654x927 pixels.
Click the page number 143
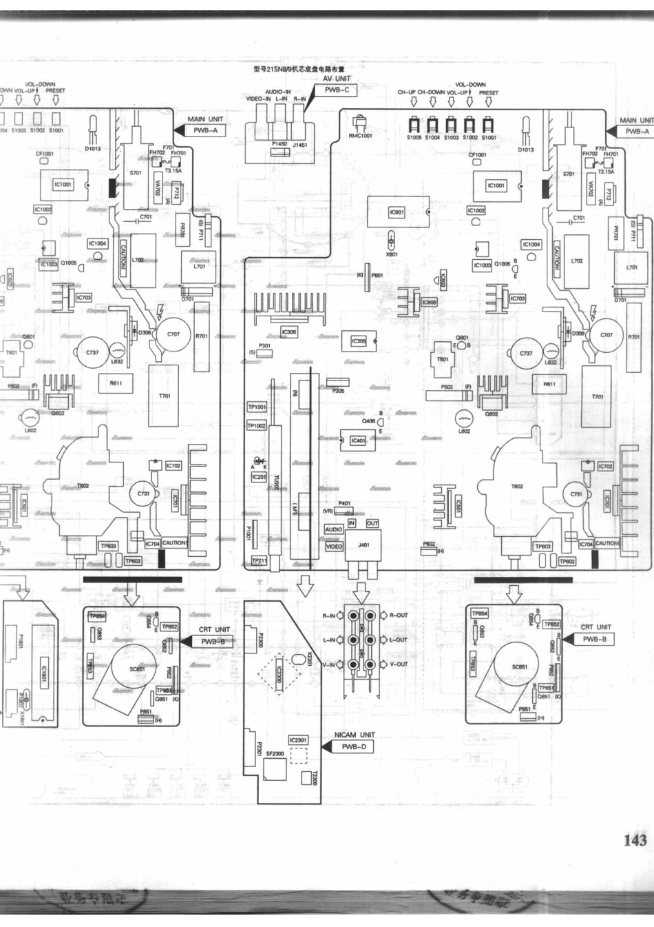click(x=635, y=839)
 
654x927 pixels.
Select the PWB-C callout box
click(x=337, y=90)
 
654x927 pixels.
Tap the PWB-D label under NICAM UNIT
click(x=354, y=747)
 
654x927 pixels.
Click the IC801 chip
click(x=397, y=212)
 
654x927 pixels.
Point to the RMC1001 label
click(x=360, y=136)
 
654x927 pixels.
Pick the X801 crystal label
click(x=392, y=254)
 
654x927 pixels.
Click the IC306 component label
click(x=289, y=332)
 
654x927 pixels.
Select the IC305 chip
click(x=359, y=341)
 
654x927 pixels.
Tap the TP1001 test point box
click(x=257, y=407)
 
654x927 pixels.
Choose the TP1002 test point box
click(x=256, y=426)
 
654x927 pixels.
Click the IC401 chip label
click(x=358, y=440)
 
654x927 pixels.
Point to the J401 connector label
click(x=363, y=545)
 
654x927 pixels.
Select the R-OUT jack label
click(x=399, y=615)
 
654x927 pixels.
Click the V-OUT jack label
click(x=399, y=664)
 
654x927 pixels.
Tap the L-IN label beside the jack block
click(x=329, y=640)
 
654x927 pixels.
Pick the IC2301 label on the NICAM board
click(x=298, y=740)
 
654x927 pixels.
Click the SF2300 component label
click(x=275, y=754)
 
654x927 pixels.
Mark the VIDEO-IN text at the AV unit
click(x=259, y=99)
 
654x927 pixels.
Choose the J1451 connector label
click(x=300, y=145)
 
